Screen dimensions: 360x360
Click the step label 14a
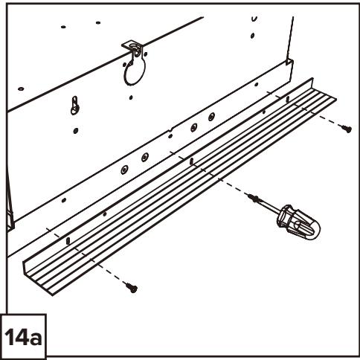click(23, 337)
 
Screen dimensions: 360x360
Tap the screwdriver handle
click(298, 222)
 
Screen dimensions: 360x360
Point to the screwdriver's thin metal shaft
click(269, 205)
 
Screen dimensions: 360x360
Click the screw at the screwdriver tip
click(254, 198)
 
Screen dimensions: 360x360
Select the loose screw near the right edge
click(346, 129)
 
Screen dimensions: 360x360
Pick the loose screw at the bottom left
click(132, 288)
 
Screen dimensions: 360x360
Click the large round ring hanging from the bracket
click(134, 71)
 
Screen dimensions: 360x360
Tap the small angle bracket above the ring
click(133, 46)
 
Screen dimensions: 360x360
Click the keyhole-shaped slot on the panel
click(75, 106)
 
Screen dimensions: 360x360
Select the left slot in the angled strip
click(68, 240)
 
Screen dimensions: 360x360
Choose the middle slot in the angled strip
click(191, 161)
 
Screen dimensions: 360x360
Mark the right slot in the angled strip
click(287, 100)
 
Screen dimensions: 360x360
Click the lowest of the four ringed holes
click(124, 170)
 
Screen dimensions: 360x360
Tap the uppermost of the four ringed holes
click(211, 116)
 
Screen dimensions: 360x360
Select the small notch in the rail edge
click(170, 129)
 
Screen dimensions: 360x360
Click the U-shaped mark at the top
click(254, 19)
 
